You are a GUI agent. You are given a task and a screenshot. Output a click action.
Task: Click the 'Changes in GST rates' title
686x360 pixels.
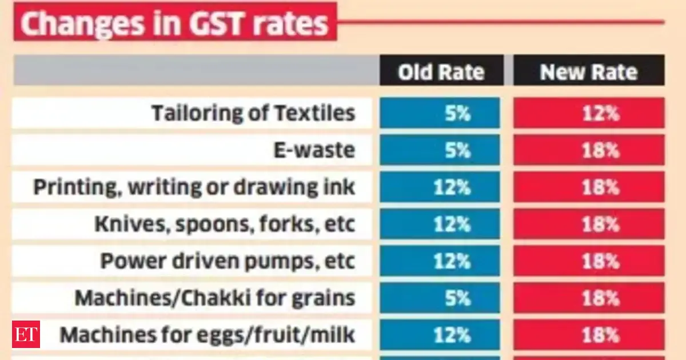tap(174, 25)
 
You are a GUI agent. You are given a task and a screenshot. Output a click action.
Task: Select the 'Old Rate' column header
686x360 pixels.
tap(441, 73)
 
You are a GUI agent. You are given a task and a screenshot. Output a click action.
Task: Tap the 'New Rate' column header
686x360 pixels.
tap(588, 73)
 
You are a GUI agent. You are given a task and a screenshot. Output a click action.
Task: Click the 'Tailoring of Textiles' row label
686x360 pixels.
tap(253, 113)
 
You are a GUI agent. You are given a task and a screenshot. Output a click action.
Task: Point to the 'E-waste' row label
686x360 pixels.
tap(314, 150)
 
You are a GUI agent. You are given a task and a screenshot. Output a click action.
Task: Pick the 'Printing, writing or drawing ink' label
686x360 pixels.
tap(194, 187)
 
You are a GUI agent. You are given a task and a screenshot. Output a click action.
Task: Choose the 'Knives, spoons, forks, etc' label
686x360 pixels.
tap(225, 224)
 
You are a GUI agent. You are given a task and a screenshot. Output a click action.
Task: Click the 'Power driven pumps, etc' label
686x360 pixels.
tap(228, 261)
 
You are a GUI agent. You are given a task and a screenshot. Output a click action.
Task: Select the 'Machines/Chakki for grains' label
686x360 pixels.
tap(215, 298)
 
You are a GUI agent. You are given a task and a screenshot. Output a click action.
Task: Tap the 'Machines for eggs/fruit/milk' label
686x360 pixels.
tap(208, 335)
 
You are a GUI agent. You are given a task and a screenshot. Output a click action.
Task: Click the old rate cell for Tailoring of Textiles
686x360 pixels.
tap(440, 113)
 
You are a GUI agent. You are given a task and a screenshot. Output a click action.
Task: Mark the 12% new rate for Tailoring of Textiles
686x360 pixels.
tap(589, 113)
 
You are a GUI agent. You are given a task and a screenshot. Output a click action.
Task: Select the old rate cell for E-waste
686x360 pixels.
tap(440, 150)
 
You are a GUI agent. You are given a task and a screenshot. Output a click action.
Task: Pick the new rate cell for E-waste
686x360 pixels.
tap(589, 150)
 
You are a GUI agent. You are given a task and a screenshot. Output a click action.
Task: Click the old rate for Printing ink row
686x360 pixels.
tap(440, 187)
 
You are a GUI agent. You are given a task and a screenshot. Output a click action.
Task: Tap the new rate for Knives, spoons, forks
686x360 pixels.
tap(589, 224)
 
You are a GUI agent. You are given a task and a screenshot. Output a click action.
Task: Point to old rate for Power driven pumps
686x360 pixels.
tap(440, 261)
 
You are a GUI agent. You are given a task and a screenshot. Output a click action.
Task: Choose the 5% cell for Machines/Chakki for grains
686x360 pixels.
tap(440, 298)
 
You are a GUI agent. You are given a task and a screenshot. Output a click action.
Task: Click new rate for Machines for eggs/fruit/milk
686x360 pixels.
tap(589, 335)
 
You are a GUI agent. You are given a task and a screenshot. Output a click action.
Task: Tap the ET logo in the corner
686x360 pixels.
tap(26, 334)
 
